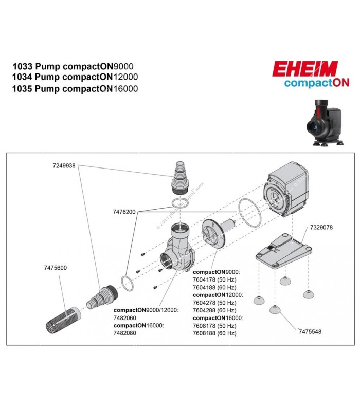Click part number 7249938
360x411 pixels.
tap(64, 166)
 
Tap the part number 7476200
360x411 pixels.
tap(123, 212)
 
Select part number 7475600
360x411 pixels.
tap(55, 268)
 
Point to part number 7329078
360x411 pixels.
tap(321, 227)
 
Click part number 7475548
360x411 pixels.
tap(311, 332)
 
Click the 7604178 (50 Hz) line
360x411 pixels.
tap(214, 279)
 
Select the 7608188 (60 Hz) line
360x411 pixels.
tap(214, 333)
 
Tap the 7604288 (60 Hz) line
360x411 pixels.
tap(214, 310)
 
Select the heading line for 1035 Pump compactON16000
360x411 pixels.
tap(75, 88)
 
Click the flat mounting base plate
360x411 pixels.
tap(283, 249)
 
